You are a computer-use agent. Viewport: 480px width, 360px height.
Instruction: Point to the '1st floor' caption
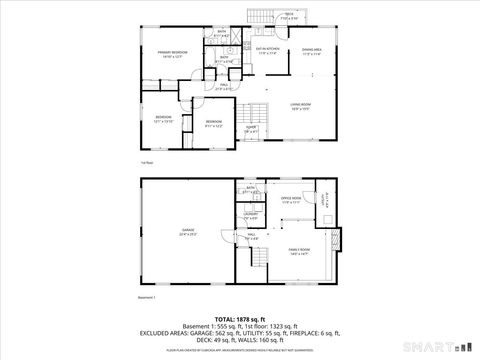(146, 162)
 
